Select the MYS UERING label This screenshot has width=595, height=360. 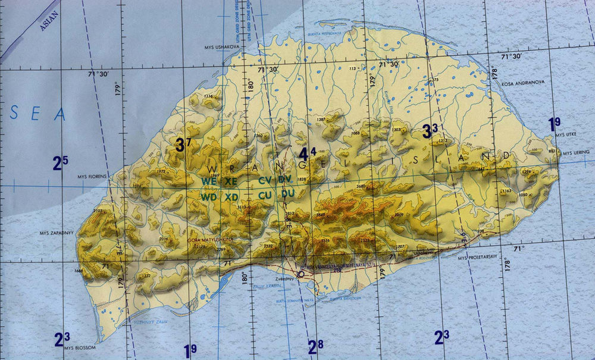click(x=575, y=153)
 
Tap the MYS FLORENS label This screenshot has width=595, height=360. click(x=92, y=177)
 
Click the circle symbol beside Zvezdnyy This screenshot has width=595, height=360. click(x=301, y=274)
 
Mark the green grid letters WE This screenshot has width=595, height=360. click(x=208, y=180)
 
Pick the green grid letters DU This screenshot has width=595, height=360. click(x=288, y=194)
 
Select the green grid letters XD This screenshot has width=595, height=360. click(x=231, y=196)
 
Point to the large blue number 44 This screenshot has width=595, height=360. click(x=307, y=154)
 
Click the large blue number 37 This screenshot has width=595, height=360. click(x=183, y=143)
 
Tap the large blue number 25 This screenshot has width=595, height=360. click(x=60, y=162)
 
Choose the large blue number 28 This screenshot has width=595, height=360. click(x=315, y=346)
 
